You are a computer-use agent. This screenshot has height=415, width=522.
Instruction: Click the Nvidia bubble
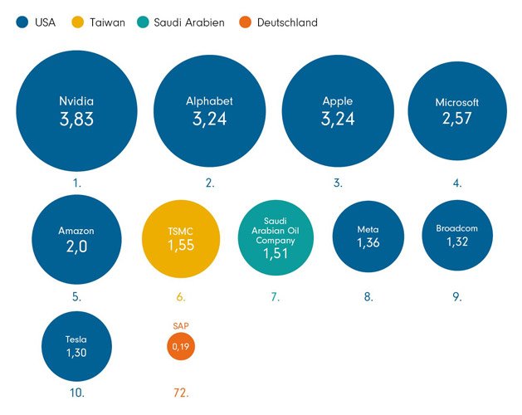76,110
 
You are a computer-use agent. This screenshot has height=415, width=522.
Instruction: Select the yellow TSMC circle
180,237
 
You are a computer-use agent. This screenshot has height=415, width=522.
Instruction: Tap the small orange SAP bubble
181,345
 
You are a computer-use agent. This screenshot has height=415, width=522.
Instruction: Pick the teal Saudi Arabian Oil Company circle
274,237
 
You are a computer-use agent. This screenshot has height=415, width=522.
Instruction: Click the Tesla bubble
76,345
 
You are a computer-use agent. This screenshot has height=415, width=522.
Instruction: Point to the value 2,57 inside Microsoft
457,120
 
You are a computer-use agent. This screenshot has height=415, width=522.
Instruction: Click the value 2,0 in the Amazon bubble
76,247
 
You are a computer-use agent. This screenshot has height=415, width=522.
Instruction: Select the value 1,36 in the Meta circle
368,243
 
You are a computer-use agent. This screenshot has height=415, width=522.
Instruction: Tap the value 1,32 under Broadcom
457,242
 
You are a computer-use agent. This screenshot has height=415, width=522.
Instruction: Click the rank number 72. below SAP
181,392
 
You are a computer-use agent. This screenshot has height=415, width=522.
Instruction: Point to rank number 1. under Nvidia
76,183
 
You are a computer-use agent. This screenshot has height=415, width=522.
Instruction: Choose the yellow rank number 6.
180,296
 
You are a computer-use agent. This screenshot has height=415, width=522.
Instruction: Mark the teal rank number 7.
274,296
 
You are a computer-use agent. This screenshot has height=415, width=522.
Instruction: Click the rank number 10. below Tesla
76,392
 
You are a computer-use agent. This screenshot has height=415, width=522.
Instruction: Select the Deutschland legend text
287,23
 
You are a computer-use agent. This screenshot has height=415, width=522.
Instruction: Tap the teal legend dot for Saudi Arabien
144,23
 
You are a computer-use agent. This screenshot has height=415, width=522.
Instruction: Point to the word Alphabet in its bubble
209,101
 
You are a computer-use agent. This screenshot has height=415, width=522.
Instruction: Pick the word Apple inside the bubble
337,101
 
